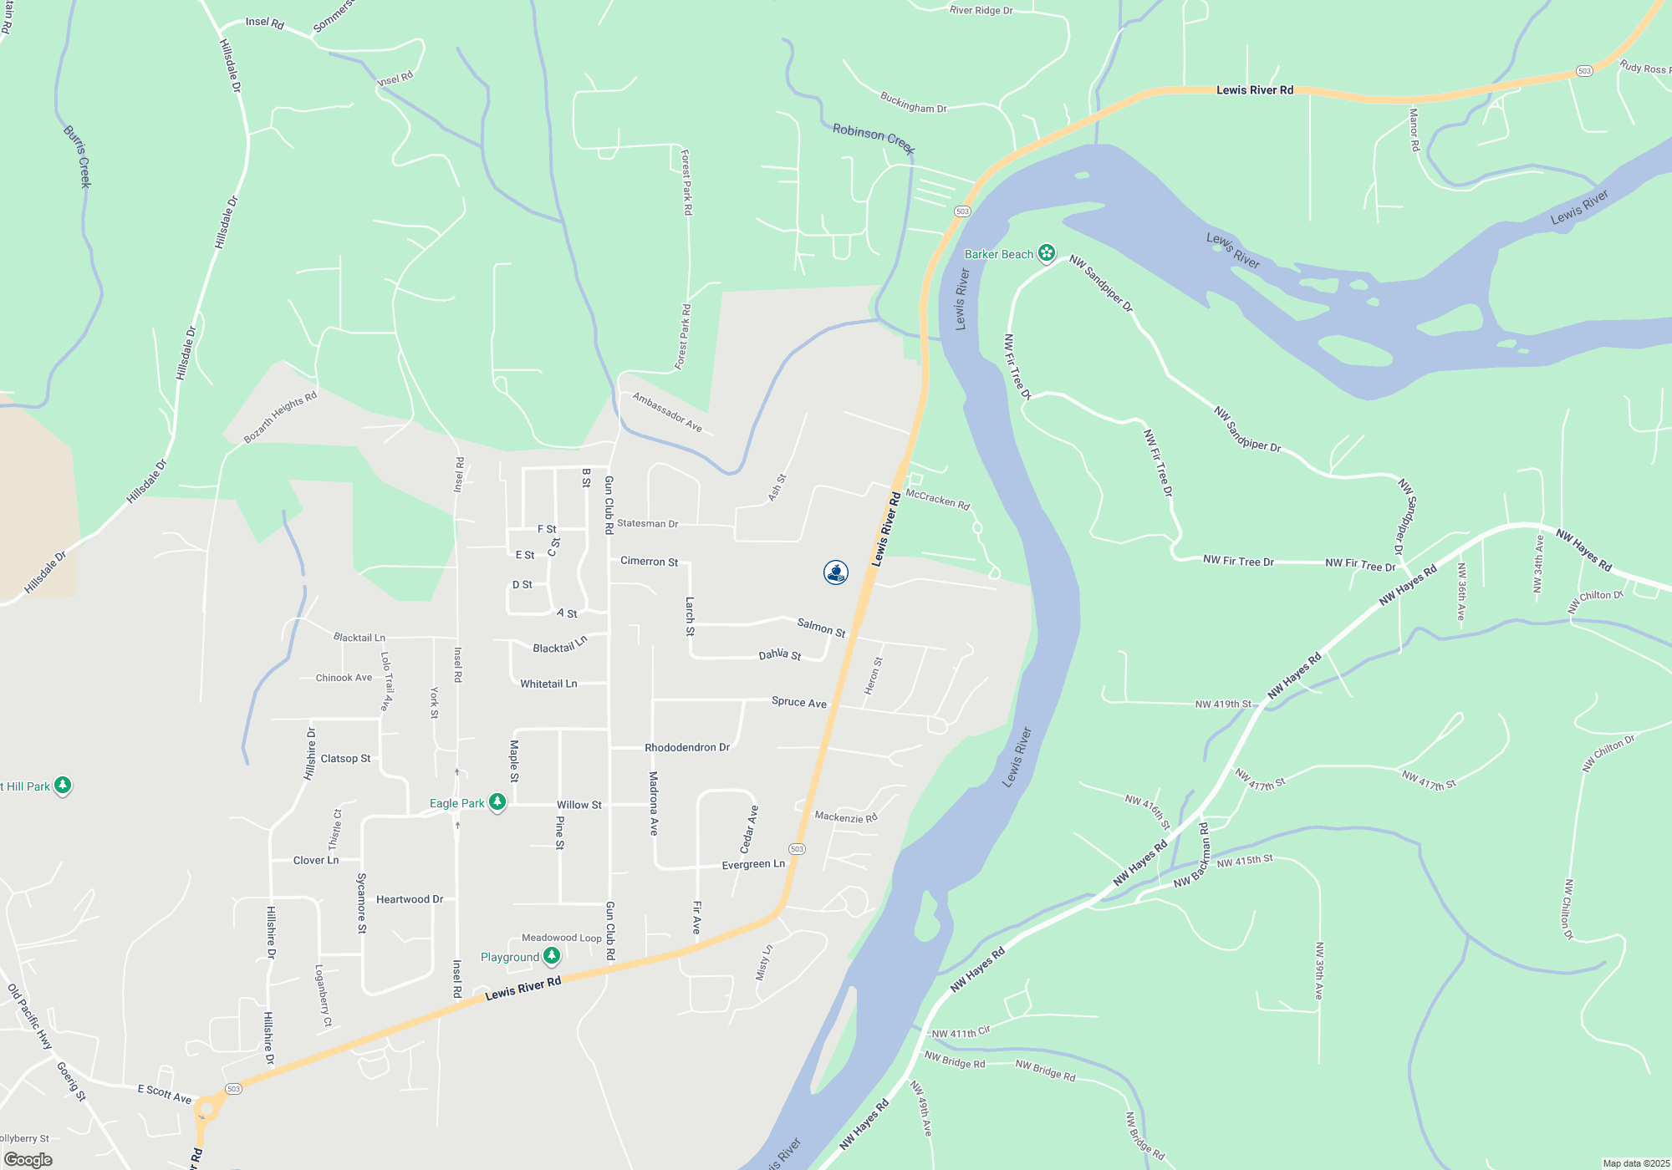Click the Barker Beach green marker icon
click(1046, 252)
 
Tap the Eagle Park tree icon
click(497, 802)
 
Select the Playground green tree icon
click(552, 955)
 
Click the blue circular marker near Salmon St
click(836, 572)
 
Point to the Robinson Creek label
click(874, 139)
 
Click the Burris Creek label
click(76, 156)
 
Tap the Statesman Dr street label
click(647, 524)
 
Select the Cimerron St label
click(649, 562)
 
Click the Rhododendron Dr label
click(687, 747)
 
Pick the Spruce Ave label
click(798, 702)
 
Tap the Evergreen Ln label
click(753, 864)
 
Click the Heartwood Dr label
click(410, 899)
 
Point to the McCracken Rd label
click(937, 500)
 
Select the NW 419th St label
click(1223, 704)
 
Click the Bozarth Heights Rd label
click(280, 417)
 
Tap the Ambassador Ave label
click(667, 412)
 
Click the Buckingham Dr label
click(913, 103)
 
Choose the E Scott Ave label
click(165, 1093)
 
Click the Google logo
click(28, 1159)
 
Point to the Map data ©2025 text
click(1636, 1163)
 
